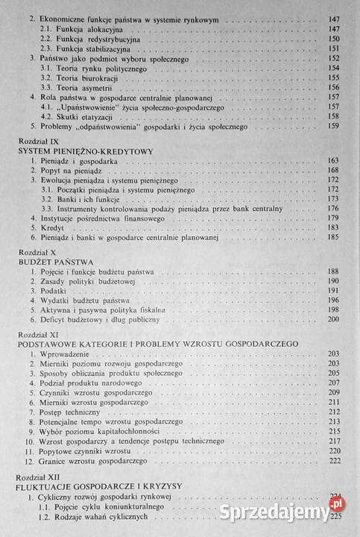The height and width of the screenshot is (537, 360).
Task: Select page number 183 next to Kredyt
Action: click(x=332, y=227)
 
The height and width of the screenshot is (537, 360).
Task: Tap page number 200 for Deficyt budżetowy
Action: click(x=332, y=319)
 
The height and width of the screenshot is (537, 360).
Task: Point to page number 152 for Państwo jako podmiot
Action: click(x=332, y=57)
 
